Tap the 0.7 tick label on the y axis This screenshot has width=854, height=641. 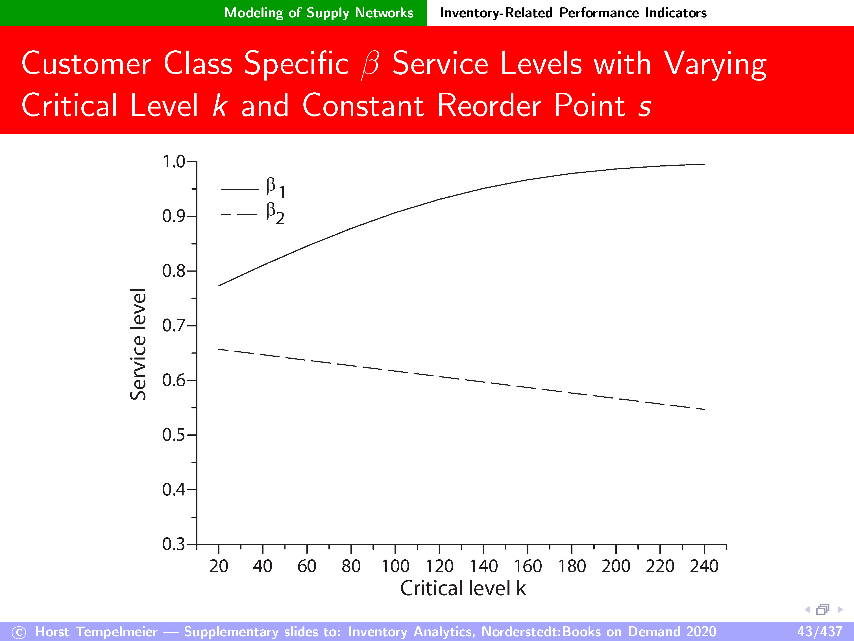point(174,326)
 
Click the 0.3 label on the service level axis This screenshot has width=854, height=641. point(174,544)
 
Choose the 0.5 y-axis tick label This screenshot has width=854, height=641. point(174,435)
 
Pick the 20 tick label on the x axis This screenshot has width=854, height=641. point(219,566)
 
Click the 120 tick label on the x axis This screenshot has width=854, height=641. point(439,566)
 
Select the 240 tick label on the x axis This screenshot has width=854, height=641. point(704,566)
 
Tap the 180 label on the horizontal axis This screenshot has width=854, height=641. point(572,566)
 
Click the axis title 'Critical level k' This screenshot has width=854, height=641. point(463,588)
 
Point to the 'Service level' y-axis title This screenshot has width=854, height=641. point(138,344)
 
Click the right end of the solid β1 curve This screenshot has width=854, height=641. point(705,164)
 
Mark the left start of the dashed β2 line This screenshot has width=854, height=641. point(219,349)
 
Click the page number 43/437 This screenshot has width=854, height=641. point(820,631)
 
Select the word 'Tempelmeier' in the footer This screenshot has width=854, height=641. point(117,631)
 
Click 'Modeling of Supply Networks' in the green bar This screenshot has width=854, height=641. point(319,13)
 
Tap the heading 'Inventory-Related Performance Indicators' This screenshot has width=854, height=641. point(573,13)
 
